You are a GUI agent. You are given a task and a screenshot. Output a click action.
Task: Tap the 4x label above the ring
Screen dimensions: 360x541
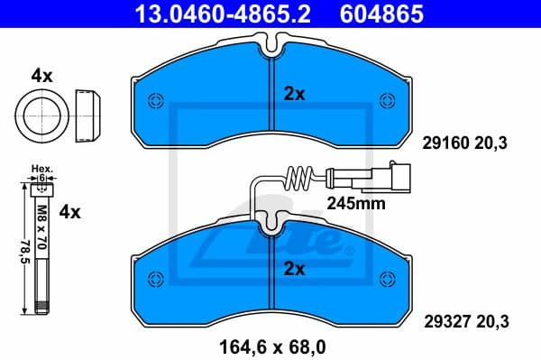pos(41,77)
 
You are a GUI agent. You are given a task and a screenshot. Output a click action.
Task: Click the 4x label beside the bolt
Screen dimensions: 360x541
pos(69,213)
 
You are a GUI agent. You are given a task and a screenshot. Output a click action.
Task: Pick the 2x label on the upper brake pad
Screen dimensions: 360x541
pos(295,93)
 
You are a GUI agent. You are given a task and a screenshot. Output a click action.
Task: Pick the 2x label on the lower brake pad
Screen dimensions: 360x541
pos(295,268)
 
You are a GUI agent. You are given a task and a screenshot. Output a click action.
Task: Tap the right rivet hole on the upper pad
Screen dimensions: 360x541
pos(388,100)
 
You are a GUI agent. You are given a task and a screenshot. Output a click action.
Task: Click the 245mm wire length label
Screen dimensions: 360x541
pos(357,204)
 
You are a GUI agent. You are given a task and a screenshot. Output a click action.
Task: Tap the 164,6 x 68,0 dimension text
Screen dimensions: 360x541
pos(270,344)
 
